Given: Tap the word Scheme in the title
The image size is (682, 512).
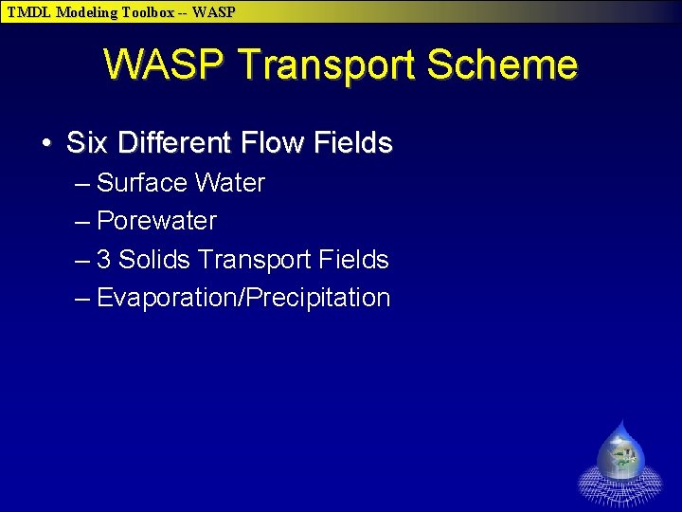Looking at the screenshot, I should click(505, 65).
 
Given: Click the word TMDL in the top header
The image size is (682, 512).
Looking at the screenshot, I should click(29, 12).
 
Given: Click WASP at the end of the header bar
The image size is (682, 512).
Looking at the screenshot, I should click(214, 12).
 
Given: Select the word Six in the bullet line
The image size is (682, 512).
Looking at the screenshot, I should click(88, 143).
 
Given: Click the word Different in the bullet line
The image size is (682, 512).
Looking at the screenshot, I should click(174, 143).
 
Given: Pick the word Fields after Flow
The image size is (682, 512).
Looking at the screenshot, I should click(352, 143).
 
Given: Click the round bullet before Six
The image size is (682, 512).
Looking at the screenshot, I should click(46, 144).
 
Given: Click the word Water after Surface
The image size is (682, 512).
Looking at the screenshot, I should click(232, 183).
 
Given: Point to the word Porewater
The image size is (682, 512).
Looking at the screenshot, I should click(156, 221).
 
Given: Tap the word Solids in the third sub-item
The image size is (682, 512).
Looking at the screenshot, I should click(153, 260).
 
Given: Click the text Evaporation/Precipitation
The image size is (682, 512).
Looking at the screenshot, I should click(243, 298).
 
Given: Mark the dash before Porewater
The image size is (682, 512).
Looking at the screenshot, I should click(82, 222).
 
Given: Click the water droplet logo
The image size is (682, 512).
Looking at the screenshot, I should click(620, 460).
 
